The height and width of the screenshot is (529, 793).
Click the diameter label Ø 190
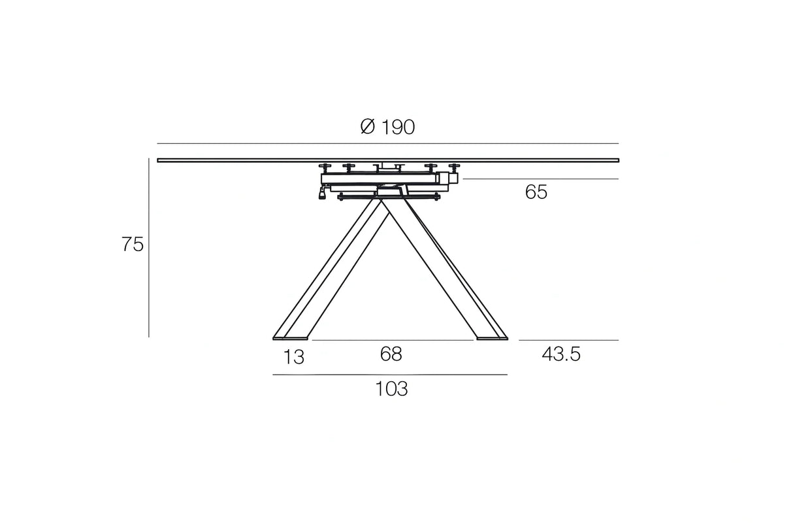point(387,127)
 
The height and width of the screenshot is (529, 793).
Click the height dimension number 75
point(132,245)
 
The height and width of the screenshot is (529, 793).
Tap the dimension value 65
point(536,193)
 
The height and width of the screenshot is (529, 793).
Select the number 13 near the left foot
point(295,358)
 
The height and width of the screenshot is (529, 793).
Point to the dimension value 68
point(391,354)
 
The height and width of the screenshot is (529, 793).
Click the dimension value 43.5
point(561,354)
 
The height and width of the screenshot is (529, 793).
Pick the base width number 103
point(391,389)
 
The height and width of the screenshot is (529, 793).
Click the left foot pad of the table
point(291,338)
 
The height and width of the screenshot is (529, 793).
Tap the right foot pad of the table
point(492,338)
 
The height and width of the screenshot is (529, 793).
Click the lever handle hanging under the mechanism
point(321,194)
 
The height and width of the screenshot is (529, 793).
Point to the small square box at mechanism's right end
point(451,177)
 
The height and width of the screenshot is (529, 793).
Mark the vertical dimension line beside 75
point(149,248)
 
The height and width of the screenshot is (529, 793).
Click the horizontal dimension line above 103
point(390,375)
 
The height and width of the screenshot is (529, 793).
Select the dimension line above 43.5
point(568,340)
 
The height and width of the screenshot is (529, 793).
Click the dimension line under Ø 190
point(387,143)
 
